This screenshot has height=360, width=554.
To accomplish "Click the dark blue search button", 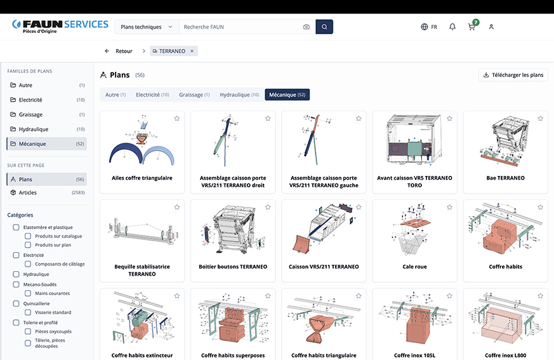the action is (x=324, y=27).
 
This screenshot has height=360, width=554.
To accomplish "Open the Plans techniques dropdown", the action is (x=147, y=27).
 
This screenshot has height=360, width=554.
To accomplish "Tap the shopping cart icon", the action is (x=472, y=27).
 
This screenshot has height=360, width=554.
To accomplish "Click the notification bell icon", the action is (x=452, y=27).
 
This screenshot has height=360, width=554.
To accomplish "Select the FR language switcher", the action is (x=429, y=27).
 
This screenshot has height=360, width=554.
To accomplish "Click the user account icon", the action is (x=491, y=27).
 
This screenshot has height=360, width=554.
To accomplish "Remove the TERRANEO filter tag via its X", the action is (x=192, y=51).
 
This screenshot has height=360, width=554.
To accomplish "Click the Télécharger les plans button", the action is (x=513, y=75).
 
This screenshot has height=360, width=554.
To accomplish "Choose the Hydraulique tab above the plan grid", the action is (x=239, y=95).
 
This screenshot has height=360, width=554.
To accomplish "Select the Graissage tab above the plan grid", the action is (x=194, y=95).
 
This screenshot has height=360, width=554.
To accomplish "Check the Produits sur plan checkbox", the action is (x=28, y=244).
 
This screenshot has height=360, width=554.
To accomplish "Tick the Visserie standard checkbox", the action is (x=28, y=312).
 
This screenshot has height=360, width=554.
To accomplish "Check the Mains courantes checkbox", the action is (x=28, y=293).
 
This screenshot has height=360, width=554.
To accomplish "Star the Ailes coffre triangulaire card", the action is (x=177, y=119).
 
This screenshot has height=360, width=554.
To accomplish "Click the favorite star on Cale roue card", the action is (x=449, y=207).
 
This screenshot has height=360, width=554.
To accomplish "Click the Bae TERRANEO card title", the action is (x=505, y=178).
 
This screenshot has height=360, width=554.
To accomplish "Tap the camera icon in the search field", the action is (x=307, y=27).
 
